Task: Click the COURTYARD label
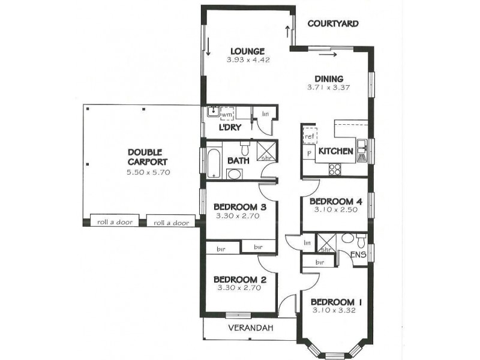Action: point(332,24)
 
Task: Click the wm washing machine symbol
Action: point(227,113)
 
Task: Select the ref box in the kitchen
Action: point(309,136)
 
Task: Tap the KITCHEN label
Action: point(335,151)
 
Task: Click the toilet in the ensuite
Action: point(359,242)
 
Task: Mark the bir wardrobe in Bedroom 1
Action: point(319,262)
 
